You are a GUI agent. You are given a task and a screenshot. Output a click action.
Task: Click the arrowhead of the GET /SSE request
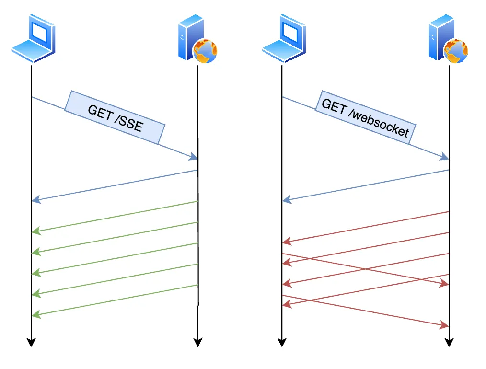pyautogui.click(x=194, y=157)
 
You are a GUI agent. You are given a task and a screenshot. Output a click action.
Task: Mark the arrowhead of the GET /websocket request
pyautogui.click(x=445, y=157)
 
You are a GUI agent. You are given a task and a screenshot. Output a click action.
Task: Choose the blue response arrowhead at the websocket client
pyautogui.click(x=286, y=200)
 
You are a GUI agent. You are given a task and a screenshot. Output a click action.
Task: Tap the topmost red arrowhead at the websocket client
pyautogui.click(x=286, y=242)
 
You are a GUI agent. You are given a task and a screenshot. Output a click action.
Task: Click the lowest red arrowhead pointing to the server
pyautogui.click(x=445, y=326)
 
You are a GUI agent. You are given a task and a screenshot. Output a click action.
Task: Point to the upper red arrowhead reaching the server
pyautogui.click(x=445, y=284)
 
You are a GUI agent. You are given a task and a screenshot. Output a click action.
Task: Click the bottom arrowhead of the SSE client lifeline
pyautogui.click(x=31, y=342)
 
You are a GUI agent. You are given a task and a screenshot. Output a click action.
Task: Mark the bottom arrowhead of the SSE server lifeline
pyautogui.click(x=197, y=342)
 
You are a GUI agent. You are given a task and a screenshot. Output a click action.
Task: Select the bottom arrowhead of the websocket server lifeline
pyautogui.click(x=449, y=342)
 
